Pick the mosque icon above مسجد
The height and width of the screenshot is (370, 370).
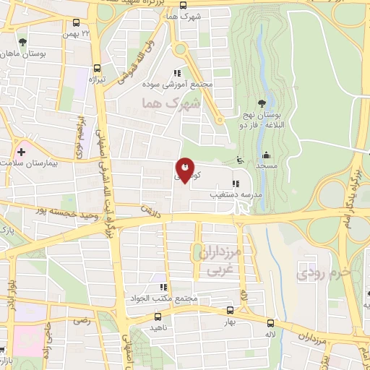pos(266,155)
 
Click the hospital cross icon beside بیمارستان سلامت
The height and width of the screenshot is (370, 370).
pos(21,153)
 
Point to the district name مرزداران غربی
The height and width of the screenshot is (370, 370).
pos(222,262)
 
